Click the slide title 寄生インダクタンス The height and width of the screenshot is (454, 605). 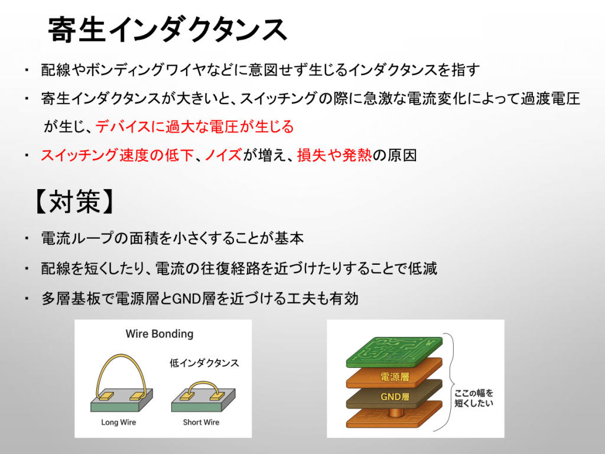pos(167,30)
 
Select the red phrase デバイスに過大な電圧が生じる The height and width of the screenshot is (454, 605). pos(194,127)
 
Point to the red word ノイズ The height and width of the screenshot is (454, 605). pos(223,155)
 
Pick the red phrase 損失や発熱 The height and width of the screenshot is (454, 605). pos(334,155)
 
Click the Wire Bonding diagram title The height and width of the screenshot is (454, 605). pos(160,333)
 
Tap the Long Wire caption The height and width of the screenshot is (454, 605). pos(118,422)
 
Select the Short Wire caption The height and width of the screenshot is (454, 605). pos(201,422)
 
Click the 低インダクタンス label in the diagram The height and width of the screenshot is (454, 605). pos(204,363)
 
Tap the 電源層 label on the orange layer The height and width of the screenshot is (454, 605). pos(395,377)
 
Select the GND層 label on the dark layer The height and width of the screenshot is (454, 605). pos(395,397)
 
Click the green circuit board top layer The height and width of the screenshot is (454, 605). pos(394,351)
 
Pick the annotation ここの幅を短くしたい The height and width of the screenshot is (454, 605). pos(474,398)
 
